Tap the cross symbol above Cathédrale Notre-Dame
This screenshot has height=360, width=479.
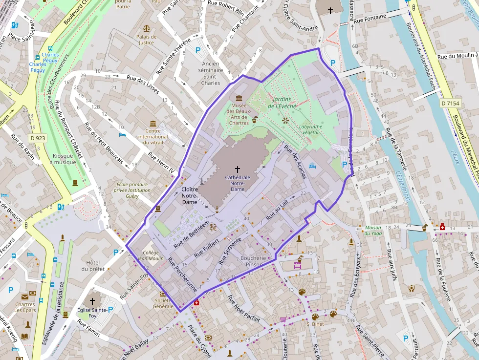coord(238,169)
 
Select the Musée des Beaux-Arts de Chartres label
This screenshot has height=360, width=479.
coord(239,114)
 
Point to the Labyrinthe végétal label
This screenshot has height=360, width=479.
coord(310,129)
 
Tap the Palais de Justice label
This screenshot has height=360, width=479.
coord(146,40)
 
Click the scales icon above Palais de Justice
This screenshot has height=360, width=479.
coord(146,29)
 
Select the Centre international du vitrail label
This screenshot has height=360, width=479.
coord(153,133)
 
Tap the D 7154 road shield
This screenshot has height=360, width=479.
coord(450,103)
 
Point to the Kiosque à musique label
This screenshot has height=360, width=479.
coord(65,159)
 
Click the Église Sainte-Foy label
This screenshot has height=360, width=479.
coord(92,312)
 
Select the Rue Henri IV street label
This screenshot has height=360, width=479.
coord(161,163)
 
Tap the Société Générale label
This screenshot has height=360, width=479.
coord(162,303)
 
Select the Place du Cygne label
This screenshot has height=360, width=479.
coord(199,342)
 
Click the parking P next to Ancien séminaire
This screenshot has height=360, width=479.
coord(198,50)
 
